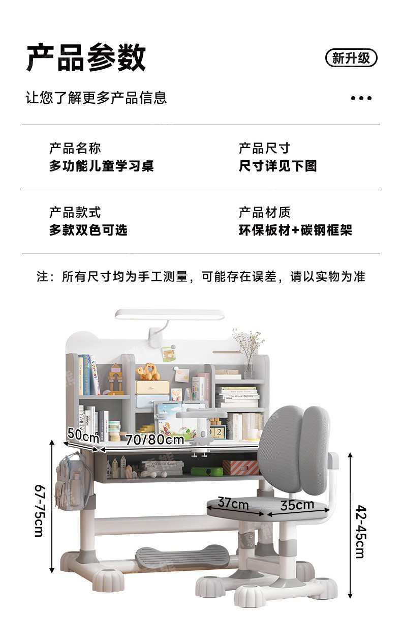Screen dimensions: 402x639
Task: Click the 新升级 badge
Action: (351, 58)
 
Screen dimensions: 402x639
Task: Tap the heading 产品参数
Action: (86, 57)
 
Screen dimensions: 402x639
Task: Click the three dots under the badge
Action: (361, 98)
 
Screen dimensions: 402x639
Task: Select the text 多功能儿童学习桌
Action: (102, 166)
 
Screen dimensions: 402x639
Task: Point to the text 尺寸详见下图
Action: (278, 166)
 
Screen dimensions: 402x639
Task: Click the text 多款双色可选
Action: (88, 230)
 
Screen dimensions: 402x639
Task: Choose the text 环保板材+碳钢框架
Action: (295, 230)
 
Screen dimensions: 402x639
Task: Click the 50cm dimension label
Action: (83, 434)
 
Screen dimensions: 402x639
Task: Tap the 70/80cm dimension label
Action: (154, 440)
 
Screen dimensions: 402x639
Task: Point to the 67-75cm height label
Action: (40, 510)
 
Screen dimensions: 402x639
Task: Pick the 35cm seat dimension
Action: (297, 505)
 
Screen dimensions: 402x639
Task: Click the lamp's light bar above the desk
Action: (170, 314)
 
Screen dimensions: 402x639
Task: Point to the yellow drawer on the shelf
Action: (152, 387)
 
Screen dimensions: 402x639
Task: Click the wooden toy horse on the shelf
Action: (148, 371)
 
